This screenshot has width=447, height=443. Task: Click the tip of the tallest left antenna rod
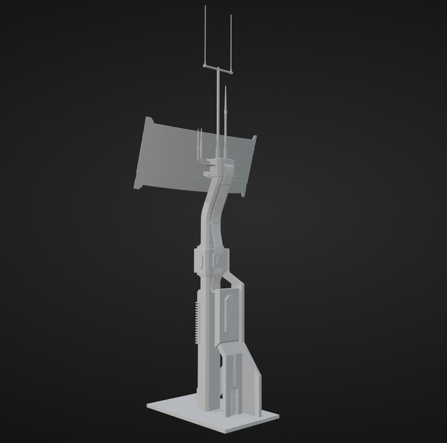pyautogui.click(x=205, y=6)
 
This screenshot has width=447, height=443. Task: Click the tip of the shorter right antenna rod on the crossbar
pyautogui.click(x=231, y=16)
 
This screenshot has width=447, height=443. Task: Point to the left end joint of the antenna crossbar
pyautogui.click(x=204, y=65)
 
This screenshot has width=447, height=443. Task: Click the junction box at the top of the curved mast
pyautogui.click(x=219, y=165)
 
